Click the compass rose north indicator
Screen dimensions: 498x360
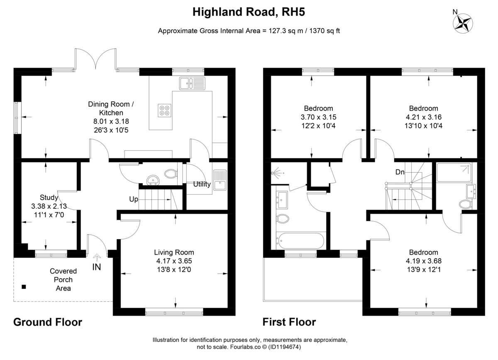click(463, 23)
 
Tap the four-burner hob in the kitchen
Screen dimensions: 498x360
click(164, 110)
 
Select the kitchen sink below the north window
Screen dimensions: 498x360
click(192, 83)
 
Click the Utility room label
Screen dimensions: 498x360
click(202, 184)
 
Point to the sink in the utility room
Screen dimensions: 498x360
click(220, 180)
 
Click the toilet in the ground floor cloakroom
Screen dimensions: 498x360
click(171, 174)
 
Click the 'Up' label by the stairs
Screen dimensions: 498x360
click(134, 199)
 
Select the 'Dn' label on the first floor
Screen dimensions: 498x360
click(400, 172)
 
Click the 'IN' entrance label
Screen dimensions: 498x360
click(96, 267)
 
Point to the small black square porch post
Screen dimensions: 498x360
click(24, 287)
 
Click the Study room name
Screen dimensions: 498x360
click(49, 197)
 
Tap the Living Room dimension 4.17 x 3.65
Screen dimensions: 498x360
click(174, 261)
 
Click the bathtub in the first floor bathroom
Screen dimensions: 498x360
click(300, 241)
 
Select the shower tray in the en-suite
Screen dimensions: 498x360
click(454, 173)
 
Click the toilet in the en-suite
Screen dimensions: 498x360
click(465, 204)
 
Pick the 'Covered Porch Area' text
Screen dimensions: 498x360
click(63, 279)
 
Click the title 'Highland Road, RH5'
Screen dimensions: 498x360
click(249, 12)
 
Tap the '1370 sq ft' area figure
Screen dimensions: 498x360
click(325, 31)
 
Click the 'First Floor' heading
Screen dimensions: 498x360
click(289, 322)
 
